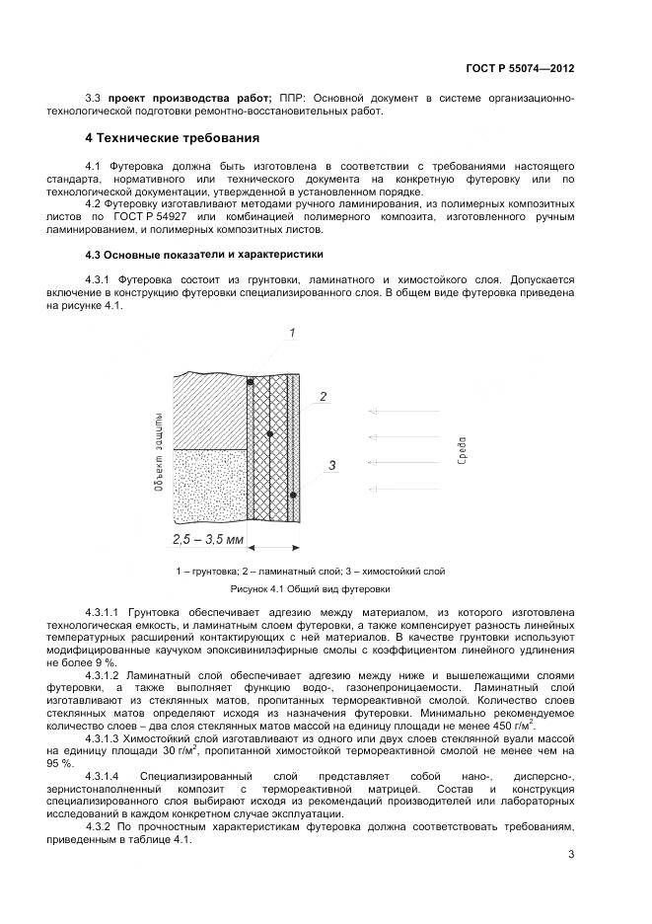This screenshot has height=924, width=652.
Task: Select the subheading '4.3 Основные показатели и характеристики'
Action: pyautogui.click(x=204, y=254)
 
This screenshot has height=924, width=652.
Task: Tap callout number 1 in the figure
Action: pyautogui.click(x=293, y=334)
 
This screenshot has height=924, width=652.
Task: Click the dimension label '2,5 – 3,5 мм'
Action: pyautogui.click(x=207, y=541)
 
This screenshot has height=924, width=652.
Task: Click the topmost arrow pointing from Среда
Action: pyautogui.click(x=400, y=411)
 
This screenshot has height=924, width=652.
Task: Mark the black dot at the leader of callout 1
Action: pyautogui.click(x=251, y=381)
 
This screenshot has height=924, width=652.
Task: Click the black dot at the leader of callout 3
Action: pyautogui.click(x=293, y=495)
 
